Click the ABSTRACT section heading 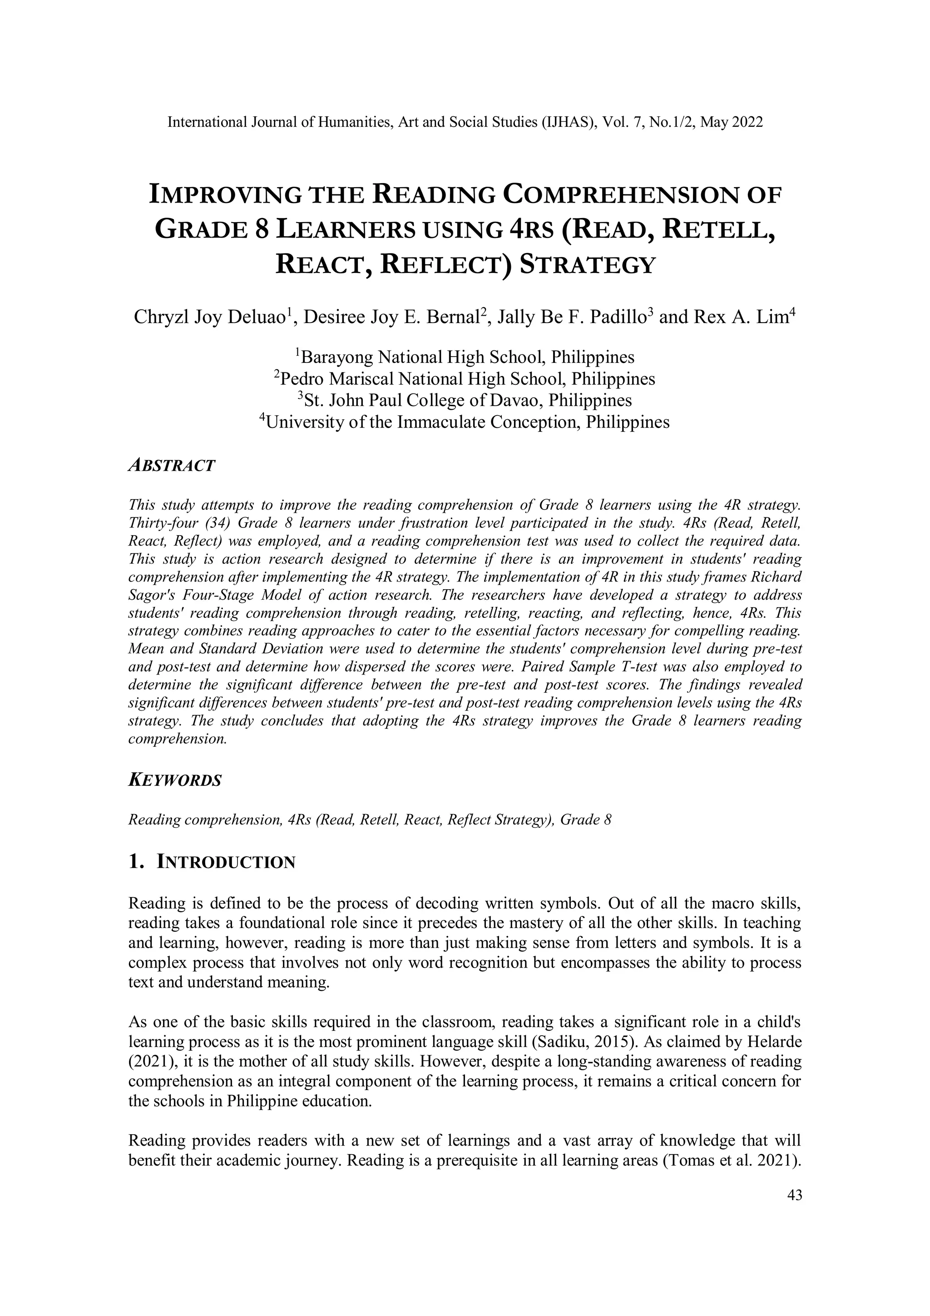[x=171, y=466]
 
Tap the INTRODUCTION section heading [x=226, y=862]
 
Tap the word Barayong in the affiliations [x=337, y=358]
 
